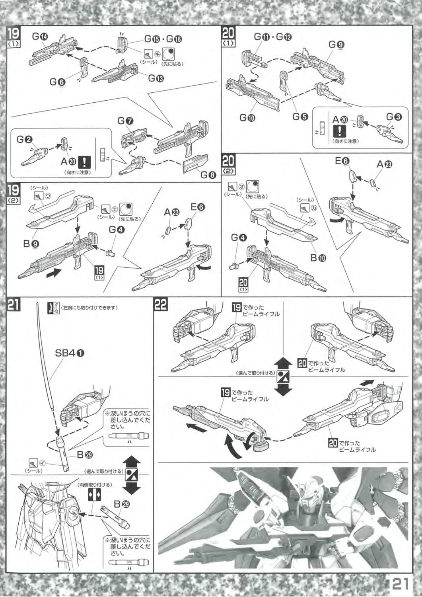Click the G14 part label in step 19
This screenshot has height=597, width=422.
coord(40,37)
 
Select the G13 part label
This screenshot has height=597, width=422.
coord(156,78)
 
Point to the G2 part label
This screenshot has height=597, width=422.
coord(25,139)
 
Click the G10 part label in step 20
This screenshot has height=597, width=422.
coord(247,117)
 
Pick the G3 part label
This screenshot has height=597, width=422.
coord(394,117)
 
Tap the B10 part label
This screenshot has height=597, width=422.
coord(319,258)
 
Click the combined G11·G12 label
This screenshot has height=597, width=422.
coord(273,37)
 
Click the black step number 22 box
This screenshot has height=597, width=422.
coord(161,305)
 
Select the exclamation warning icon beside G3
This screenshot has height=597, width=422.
coord(338,131)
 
